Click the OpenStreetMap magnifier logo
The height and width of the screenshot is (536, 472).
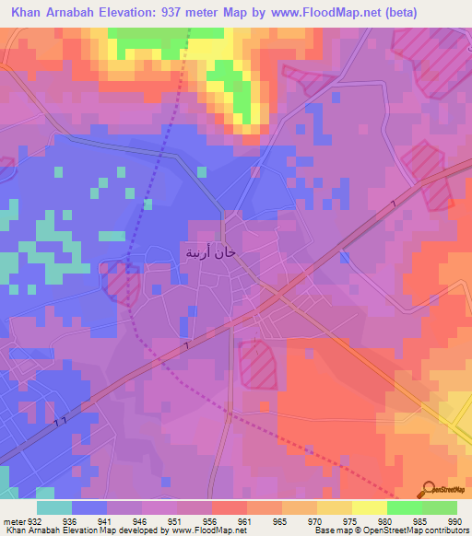(x=428, y=490)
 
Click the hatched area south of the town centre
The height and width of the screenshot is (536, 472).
(x=257, y=363)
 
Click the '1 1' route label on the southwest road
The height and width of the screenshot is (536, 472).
(x=59, y=421)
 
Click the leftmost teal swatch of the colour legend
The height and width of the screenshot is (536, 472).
(x=53, y=507)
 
